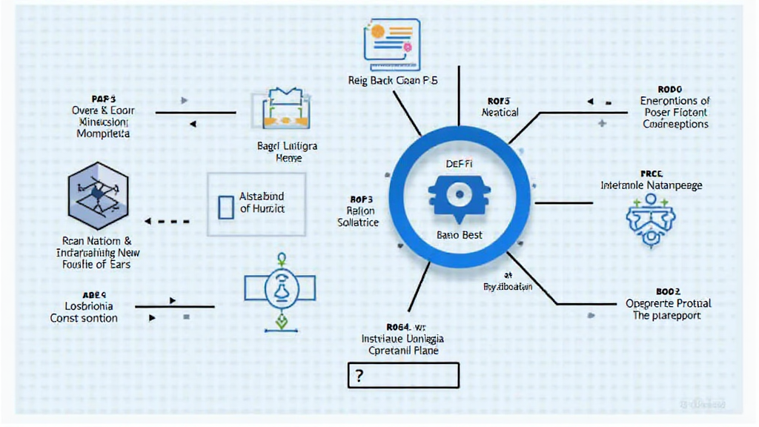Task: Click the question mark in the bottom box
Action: (x=359, y=376)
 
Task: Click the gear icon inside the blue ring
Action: (x=459, y=194)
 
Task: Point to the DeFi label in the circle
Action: (x=460, y=164)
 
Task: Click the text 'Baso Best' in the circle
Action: (x=460, y=235)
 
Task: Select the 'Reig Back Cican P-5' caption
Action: (x=393, y=80)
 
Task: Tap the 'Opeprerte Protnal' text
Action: (x=668, y=303)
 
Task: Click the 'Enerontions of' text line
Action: (x=675, y=101)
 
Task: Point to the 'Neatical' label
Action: (x=500, y=113)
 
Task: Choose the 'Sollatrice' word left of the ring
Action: (x=358, y=222)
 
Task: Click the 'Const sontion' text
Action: (x=84, y=318)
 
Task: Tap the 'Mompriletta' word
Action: (x=103, y=134)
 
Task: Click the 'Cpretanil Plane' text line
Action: (x=402, y=349)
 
